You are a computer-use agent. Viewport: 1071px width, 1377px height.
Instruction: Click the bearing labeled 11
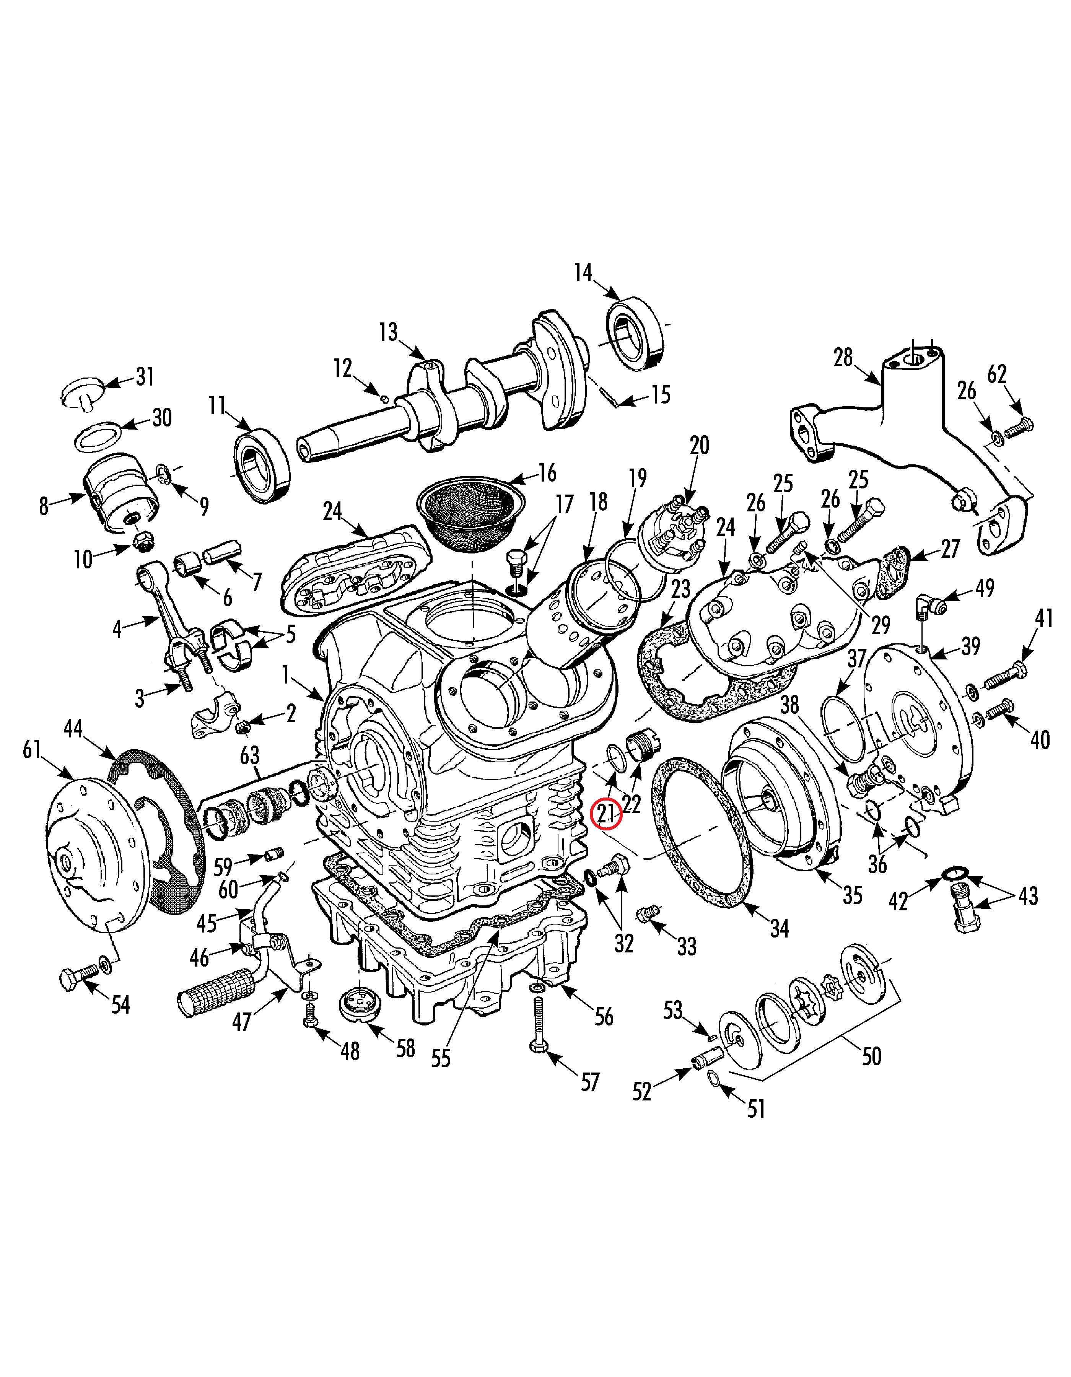262,465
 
